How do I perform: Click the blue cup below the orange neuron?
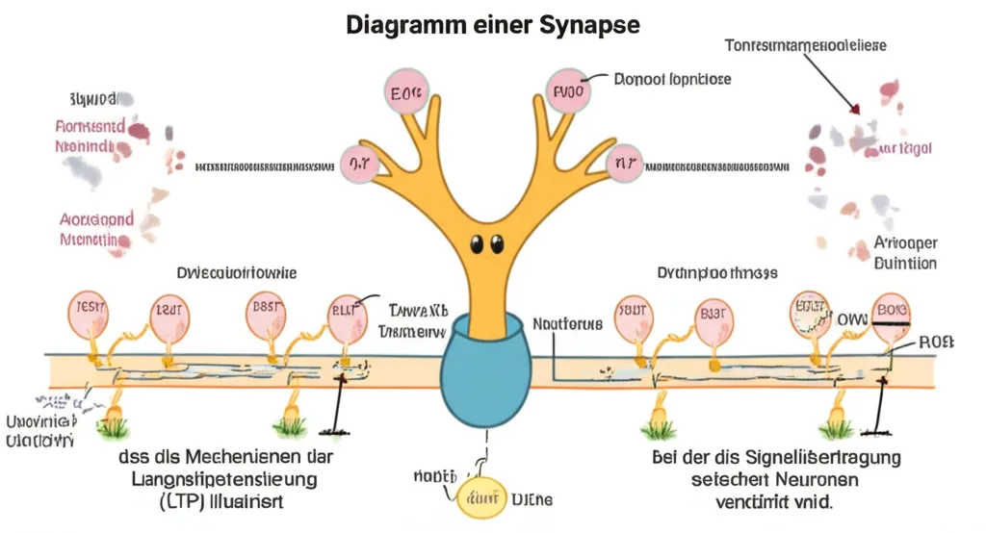485,365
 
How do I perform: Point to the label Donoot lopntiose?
672,79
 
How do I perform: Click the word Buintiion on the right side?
905,263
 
